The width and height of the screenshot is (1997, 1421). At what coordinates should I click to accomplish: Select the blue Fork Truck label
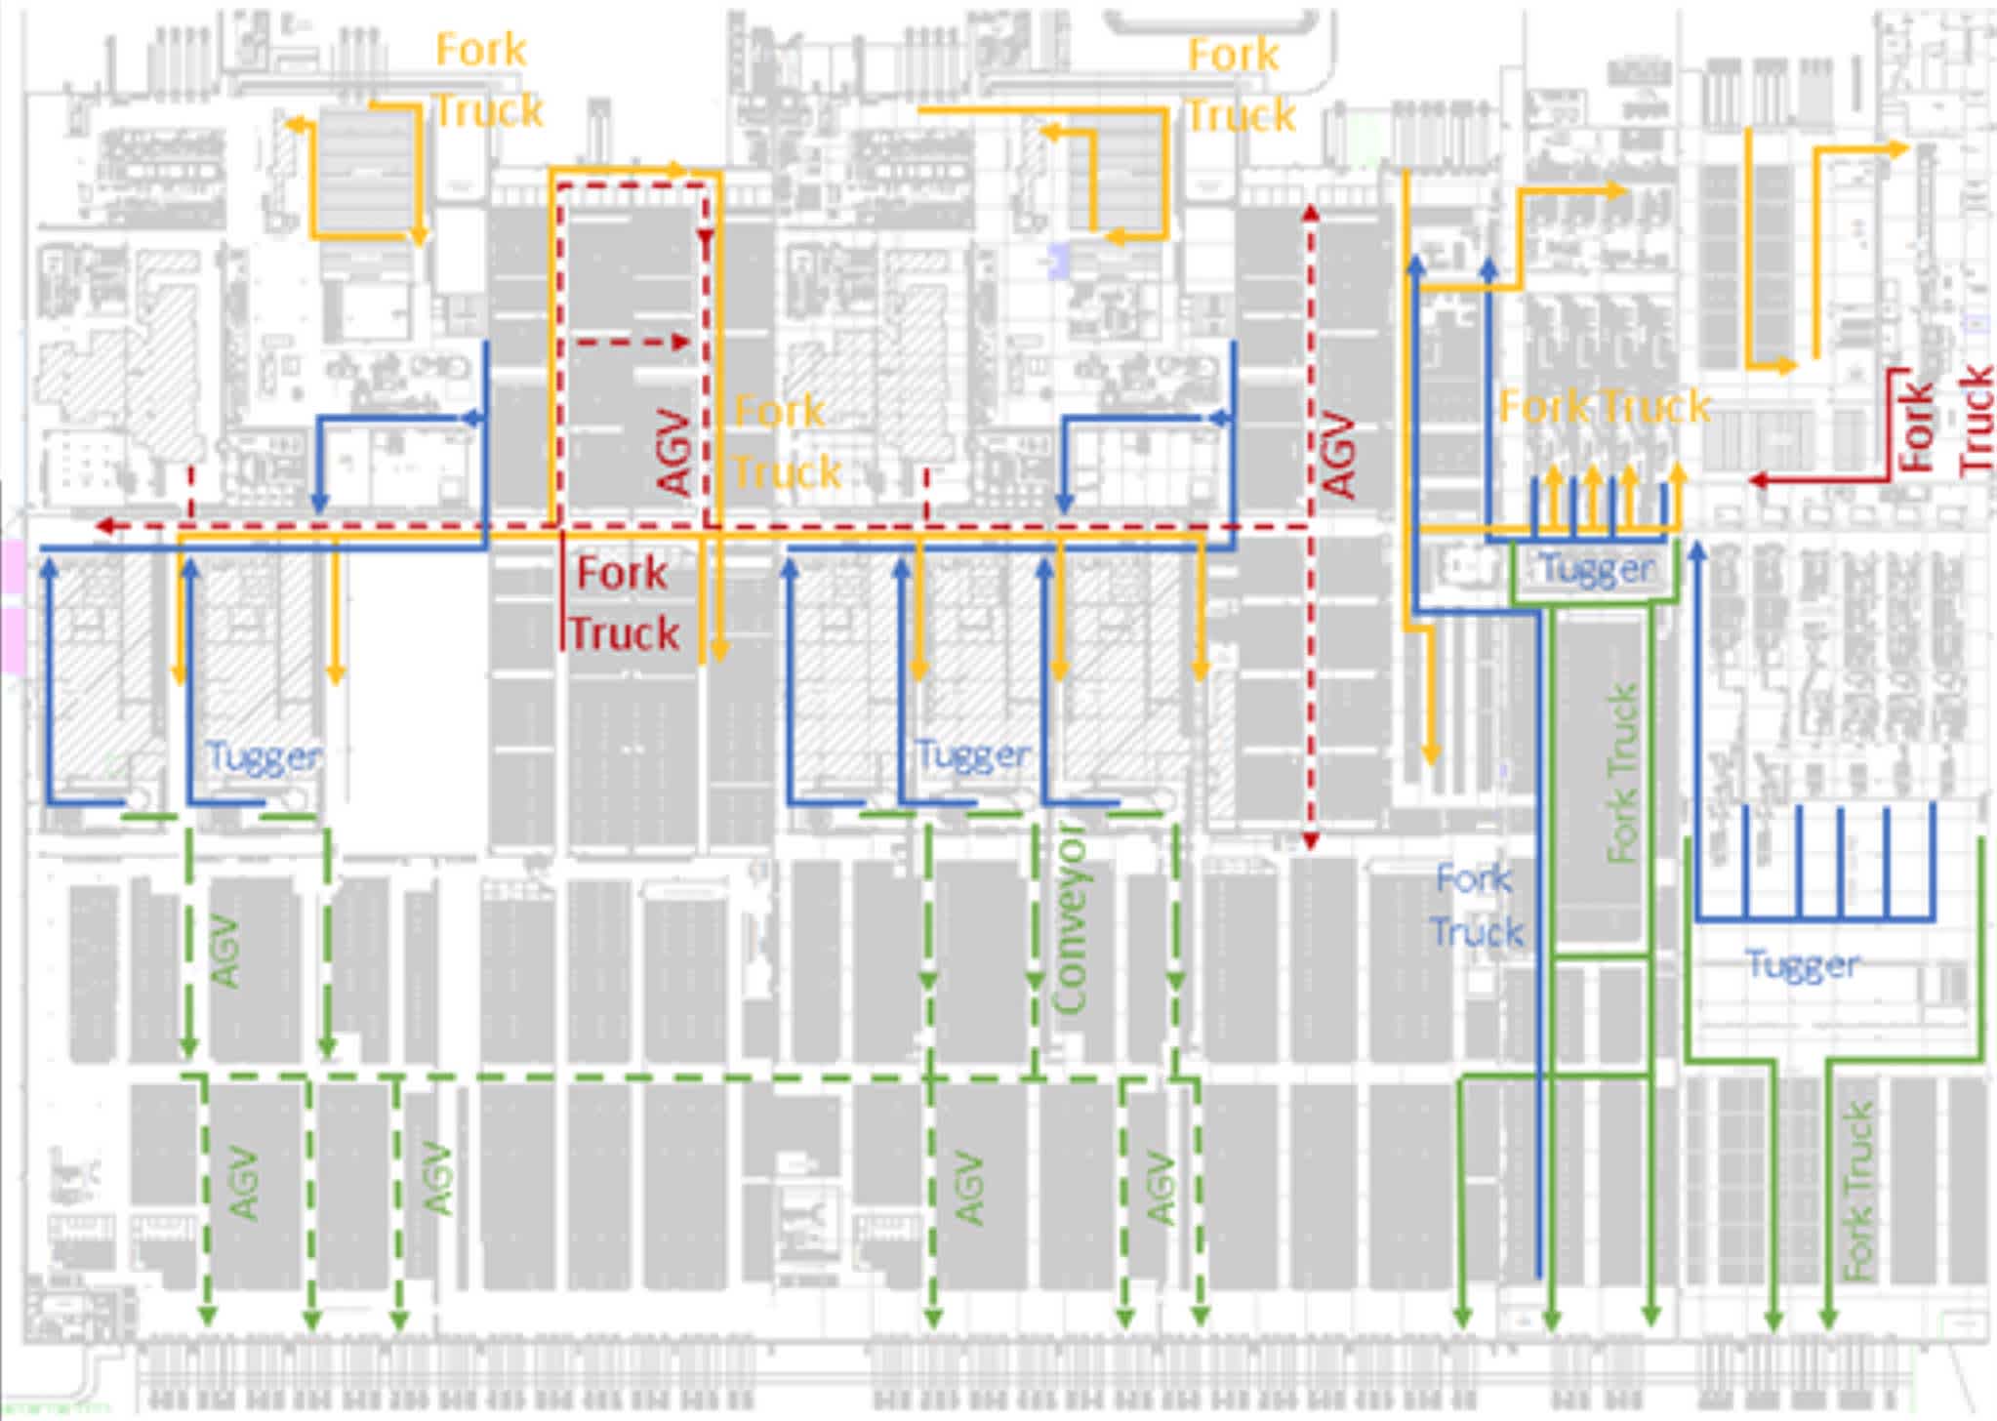1476,906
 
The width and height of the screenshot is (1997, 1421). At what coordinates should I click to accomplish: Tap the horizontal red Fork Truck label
623,603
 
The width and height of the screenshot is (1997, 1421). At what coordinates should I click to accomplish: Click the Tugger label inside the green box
1597,568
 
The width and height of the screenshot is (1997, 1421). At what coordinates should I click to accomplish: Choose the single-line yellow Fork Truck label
1604,406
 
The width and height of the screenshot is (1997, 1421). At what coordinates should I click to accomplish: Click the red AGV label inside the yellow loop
675,451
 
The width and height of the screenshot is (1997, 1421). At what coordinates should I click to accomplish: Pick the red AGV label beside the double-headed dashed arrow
1339,455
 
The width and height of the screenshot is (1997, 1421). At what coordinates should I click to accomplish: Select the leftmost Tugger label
263,755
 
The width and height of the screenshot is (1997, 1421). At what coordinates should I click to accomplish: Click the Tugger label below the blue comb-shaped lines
1802,964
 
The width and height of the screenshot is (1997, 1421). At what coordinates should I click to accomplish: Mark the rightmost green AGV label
1160,1189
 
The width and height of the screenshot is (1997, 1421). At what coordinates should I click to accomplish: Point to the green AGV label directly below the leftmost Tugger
224,951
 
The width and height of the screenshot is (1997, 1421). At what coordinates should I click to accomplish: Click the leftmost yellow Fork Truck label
486,80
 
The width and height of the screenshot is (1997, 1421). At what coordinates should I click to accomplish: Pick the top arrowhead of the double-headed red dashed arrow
1311,212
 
